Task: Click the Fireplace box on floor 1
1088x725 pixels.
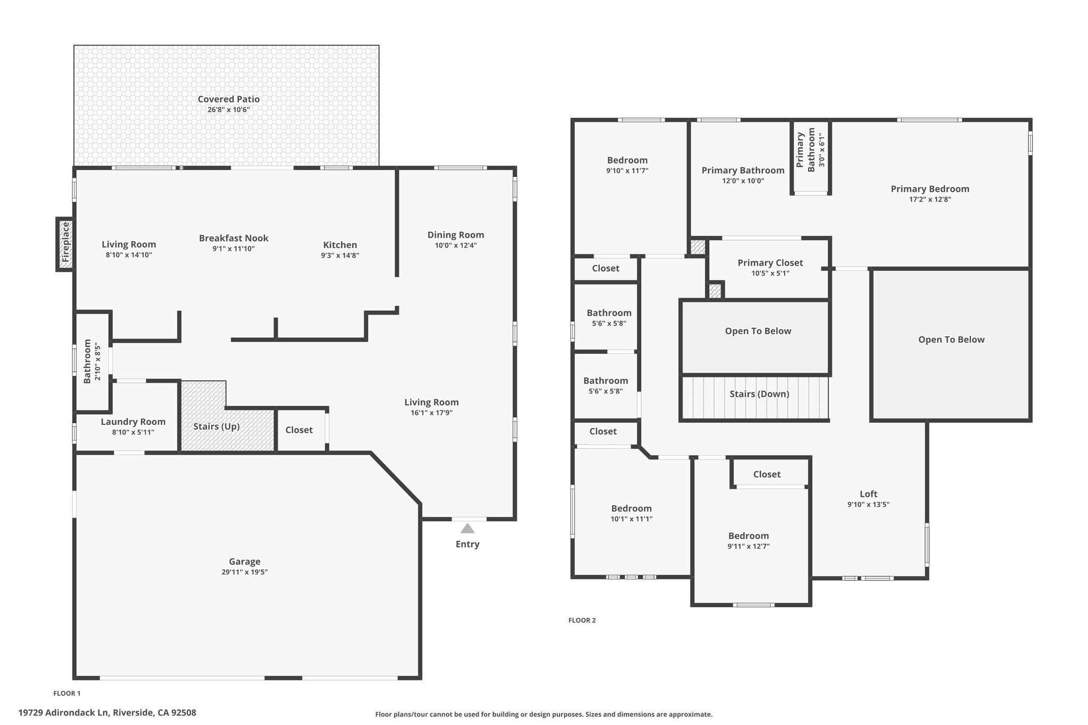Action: [x=65, y=244]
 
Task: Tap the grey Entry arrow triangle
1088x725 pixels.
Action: [x=467, y=528]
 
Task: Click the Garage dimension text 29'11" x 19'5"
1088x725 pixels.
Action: [x=244, y=572]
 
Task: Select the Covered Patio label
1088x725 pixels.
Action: [x=228, y=99]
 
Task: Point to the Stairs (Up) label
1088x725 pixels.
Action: [x=216, y=426]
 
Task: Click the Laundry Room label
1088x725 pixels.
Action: [x=133, y=421]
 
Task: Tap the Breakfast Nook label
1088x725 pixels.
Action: [x=233, y=238]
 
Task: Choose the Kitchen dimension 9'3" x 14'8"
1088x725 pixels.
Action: [x=340, y=255]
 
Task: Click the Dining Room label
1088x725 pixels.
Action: [x=455, y=234]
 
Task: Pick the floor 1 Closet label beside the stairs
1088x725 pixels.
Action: [x=299, y=430]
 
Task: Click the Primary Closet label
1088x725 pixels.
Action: [x=770, y=262]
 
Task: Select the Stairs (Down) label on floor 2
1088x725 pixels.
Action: [x=759, y=394]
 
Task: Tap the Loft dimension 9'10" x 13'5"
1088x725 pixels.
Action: [x=868, y=505]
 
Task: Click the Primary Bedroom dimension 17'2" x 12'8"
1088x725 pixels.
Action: [x=930, y=200]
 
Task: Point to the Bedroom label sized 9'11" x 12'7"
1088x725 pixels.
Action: [x=748, y=535]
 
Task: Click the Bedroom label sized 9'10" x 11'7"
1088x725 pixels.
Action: [x=627, y=160]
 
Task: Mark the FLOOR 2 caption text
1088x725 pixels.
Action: [x=582, y=620]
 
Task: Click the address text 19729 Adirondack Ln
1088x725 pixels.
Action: [x=107, y=712]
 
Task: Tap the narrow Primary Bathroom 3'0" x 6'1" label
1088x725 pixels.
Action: [x=811, y=149]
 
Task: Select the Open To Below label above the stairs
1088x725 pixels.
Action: [x=758, y=331]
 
